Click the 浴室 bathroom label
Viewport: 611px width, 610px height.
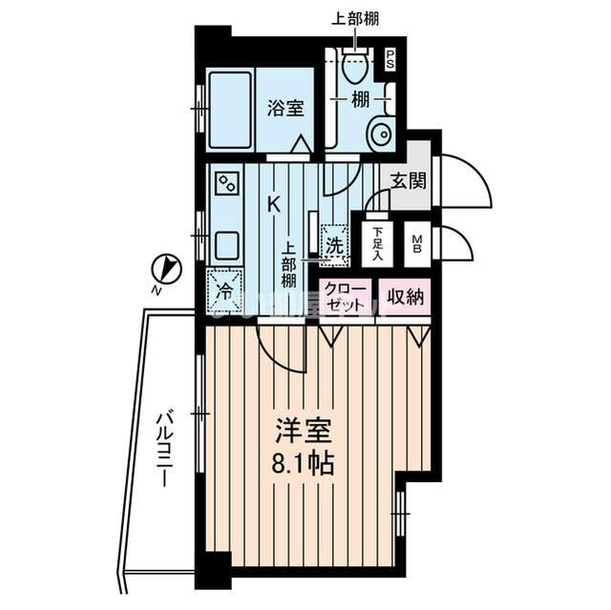tap(285, 108)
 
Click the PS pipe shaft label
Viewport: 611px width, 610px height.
tap(390, 58)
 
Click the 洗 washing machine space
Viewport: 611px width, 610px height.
tap(335, 243)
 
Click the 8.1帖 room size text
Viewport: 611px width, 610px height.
tap(301, 466)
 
